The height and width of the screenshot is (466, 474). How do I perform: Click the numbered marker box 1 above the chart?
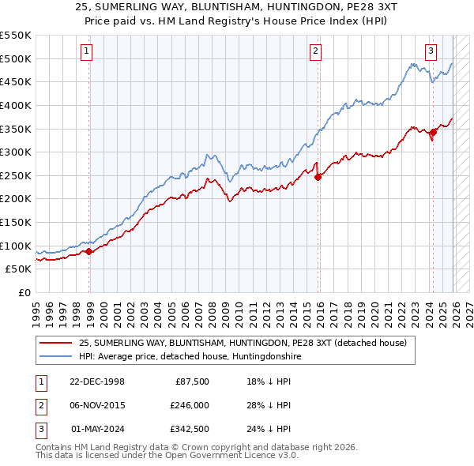(x=85, y=52)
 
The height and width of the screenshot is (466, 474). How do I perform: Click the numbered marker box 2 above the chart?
(x=315, y=52)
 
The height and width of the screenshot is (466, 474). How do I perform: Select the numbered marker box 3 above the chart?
(x=431, y=52)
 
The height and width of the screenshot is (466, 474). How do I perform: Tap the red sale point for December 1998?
(x=89, y=251)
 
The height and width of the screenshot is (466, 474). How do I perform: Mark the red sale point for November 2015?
(x=318, y=178)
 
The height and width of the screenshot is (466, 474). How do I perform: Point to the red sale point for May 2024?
(x=433, y=133)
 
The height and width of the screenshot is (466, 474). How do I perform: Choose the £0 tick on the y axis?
(x=24, y=292)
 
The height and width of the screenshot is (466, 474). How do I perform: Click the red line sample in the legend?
(x=55, y=344)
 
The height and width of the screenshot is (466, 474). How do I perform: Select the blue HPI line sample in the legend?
(x=55, y=357)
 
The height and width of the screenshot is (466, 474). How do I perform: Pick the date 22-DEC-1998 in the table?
(x=98, y=381)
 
